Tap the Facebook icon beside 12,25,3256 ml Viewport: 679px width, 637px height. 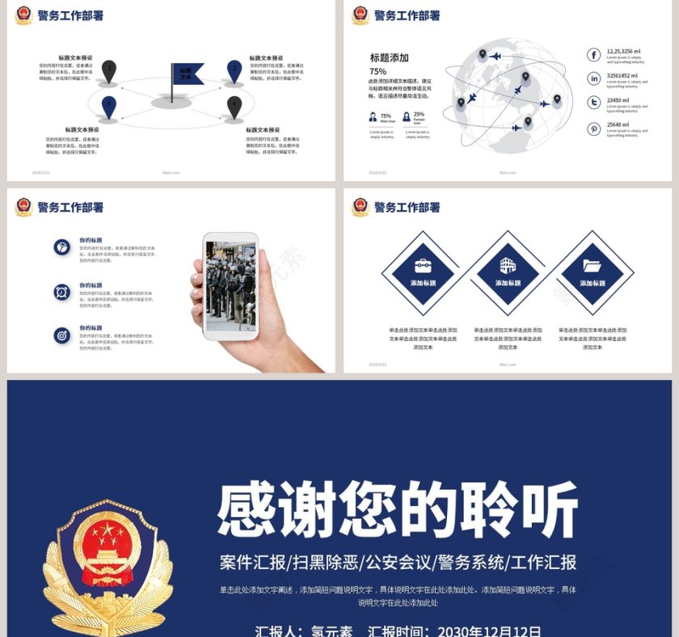tap(594, 55)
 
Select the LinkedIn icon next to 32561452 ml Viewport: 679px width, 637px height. tap(594, 78)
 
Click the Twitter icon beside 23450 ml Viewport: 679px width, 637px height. tap(594, 103)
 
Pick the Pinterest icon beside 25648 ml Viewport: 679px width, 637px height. tap(594, 128)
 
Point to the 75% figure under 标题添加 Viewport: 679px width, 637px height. tap(377, 71)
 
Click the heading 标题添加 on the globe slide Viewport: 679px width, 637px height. tap(389, 57)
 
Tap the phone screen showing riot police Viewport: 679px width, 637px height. tap(230, 285)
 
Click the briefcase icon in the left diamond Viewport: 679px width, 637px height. tap(423, 266)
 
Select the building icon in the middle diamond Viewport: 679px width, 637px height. tap(507, 265)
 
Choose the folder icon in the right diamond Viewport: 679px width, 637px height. tap(592, 265)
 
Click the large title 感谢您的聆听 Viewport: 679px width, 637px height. tap(398, 510)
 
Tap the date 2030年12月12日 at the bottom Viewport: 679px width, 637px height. tap(489, 631)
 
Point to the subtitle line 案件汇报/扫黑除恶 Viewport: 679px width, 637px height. tap(398, 562)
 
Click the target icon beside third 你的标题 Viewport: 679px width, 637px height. tap(61, 334)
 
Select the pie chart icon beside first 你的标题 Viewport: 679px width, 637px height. tap(61, 247)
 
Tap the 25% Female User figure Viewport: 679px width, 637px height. tap(419, 115)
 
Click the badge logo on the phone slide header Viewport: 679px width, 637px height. tap(23, 207)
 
